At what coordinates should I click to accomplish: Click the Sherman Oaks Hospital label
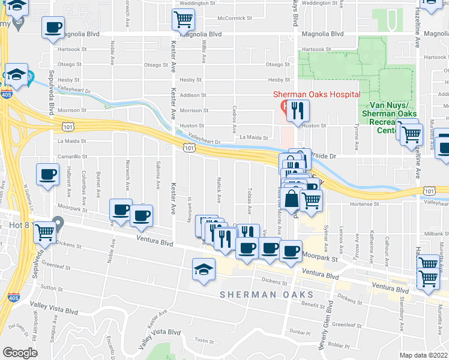pos(316,94)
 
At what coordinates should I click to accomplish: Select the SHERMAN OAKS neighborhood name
pos(267,295)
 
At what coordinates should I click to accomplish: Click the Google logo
pos(20,353)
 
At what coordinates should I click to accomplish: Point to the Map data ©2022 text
pos(424,355)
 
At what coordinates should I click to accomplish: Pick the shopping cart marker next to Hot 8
pos(45,233)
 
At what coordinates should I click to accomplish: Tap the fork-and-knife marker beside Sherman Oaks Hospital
pos(297,110)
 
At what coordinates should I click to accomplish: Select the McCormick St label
pos(235,19)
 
